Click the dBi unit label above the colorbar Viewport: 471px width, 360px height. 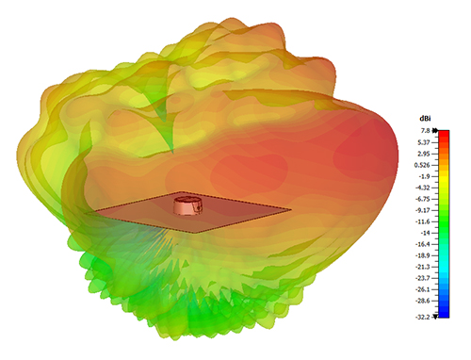pyautogui.click(x=425, y=119)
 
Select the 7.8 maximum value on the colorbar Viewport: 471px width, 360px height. pyautogui.click(x=426, y=131)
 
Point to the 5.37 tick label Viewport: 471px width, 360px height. pyautogui.click(x=424, y=142)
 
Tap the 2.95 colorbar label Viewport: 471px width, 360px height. pyautogui.click(x=424, y=154)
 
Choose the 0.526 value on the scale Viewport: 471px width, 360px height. pyautogui.click(x=422, y=165)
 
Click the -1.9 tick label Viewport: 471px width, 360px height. pyautogui.click(x=424, y=176)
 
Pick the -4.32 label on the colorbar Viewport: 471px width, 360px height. pyautogui.click(x=423, y=188)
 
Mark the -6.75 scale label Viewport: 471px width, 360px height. pyautogui.click(x=423, y=199)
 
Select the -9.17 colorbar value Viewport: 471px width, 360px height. pyautogui.click(x=423, y=210)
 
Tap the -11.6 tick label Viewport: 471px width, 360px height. pyautogui.click(x=423, y=221)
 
